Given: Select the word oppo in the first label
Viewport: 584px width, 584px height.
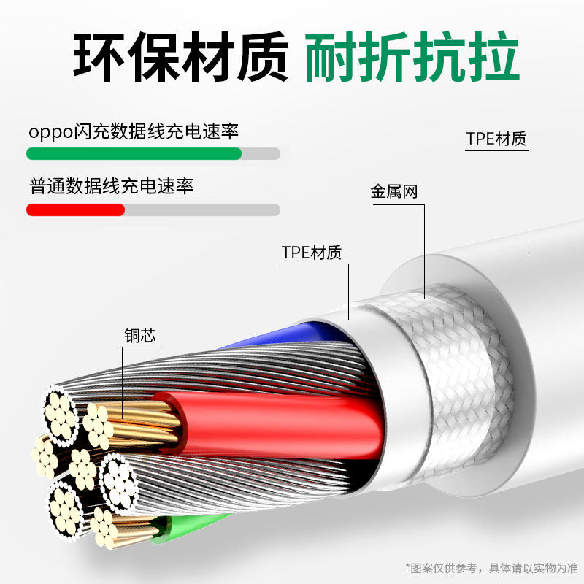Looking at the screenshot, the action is coord(50,133).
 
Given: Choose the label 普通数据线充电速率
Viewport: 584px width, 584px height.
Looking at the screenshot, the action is coord(112,186).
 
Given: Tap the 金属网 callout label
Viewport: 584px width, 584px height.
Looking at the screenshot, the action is coord(394,193).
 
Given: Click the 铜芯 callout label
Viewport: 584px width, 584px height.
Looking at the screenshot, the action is coord(140,336).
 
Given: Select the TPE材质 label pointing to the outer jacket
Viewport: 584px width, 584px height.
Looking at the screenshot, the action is coord(496,139).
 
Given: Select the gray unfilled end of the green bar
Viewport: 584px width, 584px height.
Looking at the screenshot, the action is coord(261,154).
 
